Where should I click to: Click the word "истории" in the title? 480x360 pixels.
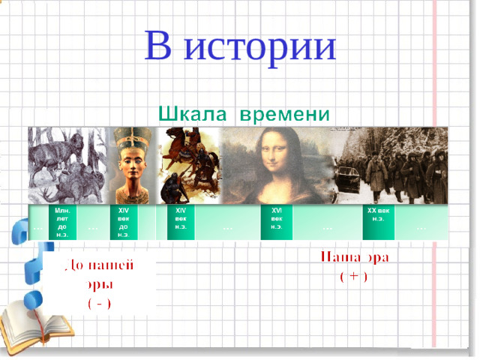click(x=260, y=46)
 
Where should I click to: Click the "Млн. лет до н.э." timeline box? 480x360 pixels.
click(x=61, y=222)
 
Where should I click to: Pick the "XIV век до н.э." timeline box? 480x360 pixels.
click(x=122, y=222)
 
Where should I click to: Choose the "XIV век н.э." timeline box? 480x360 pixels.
click(x=180, y=220)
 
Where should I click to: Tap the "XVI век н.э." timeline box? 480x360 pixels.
click(x=276, y=220)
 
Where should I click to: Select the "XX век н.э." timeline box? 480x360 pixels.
click(x=378, y=217)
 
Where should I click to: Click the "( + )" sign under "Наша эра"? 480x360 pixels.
click(x=353, y=277)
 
